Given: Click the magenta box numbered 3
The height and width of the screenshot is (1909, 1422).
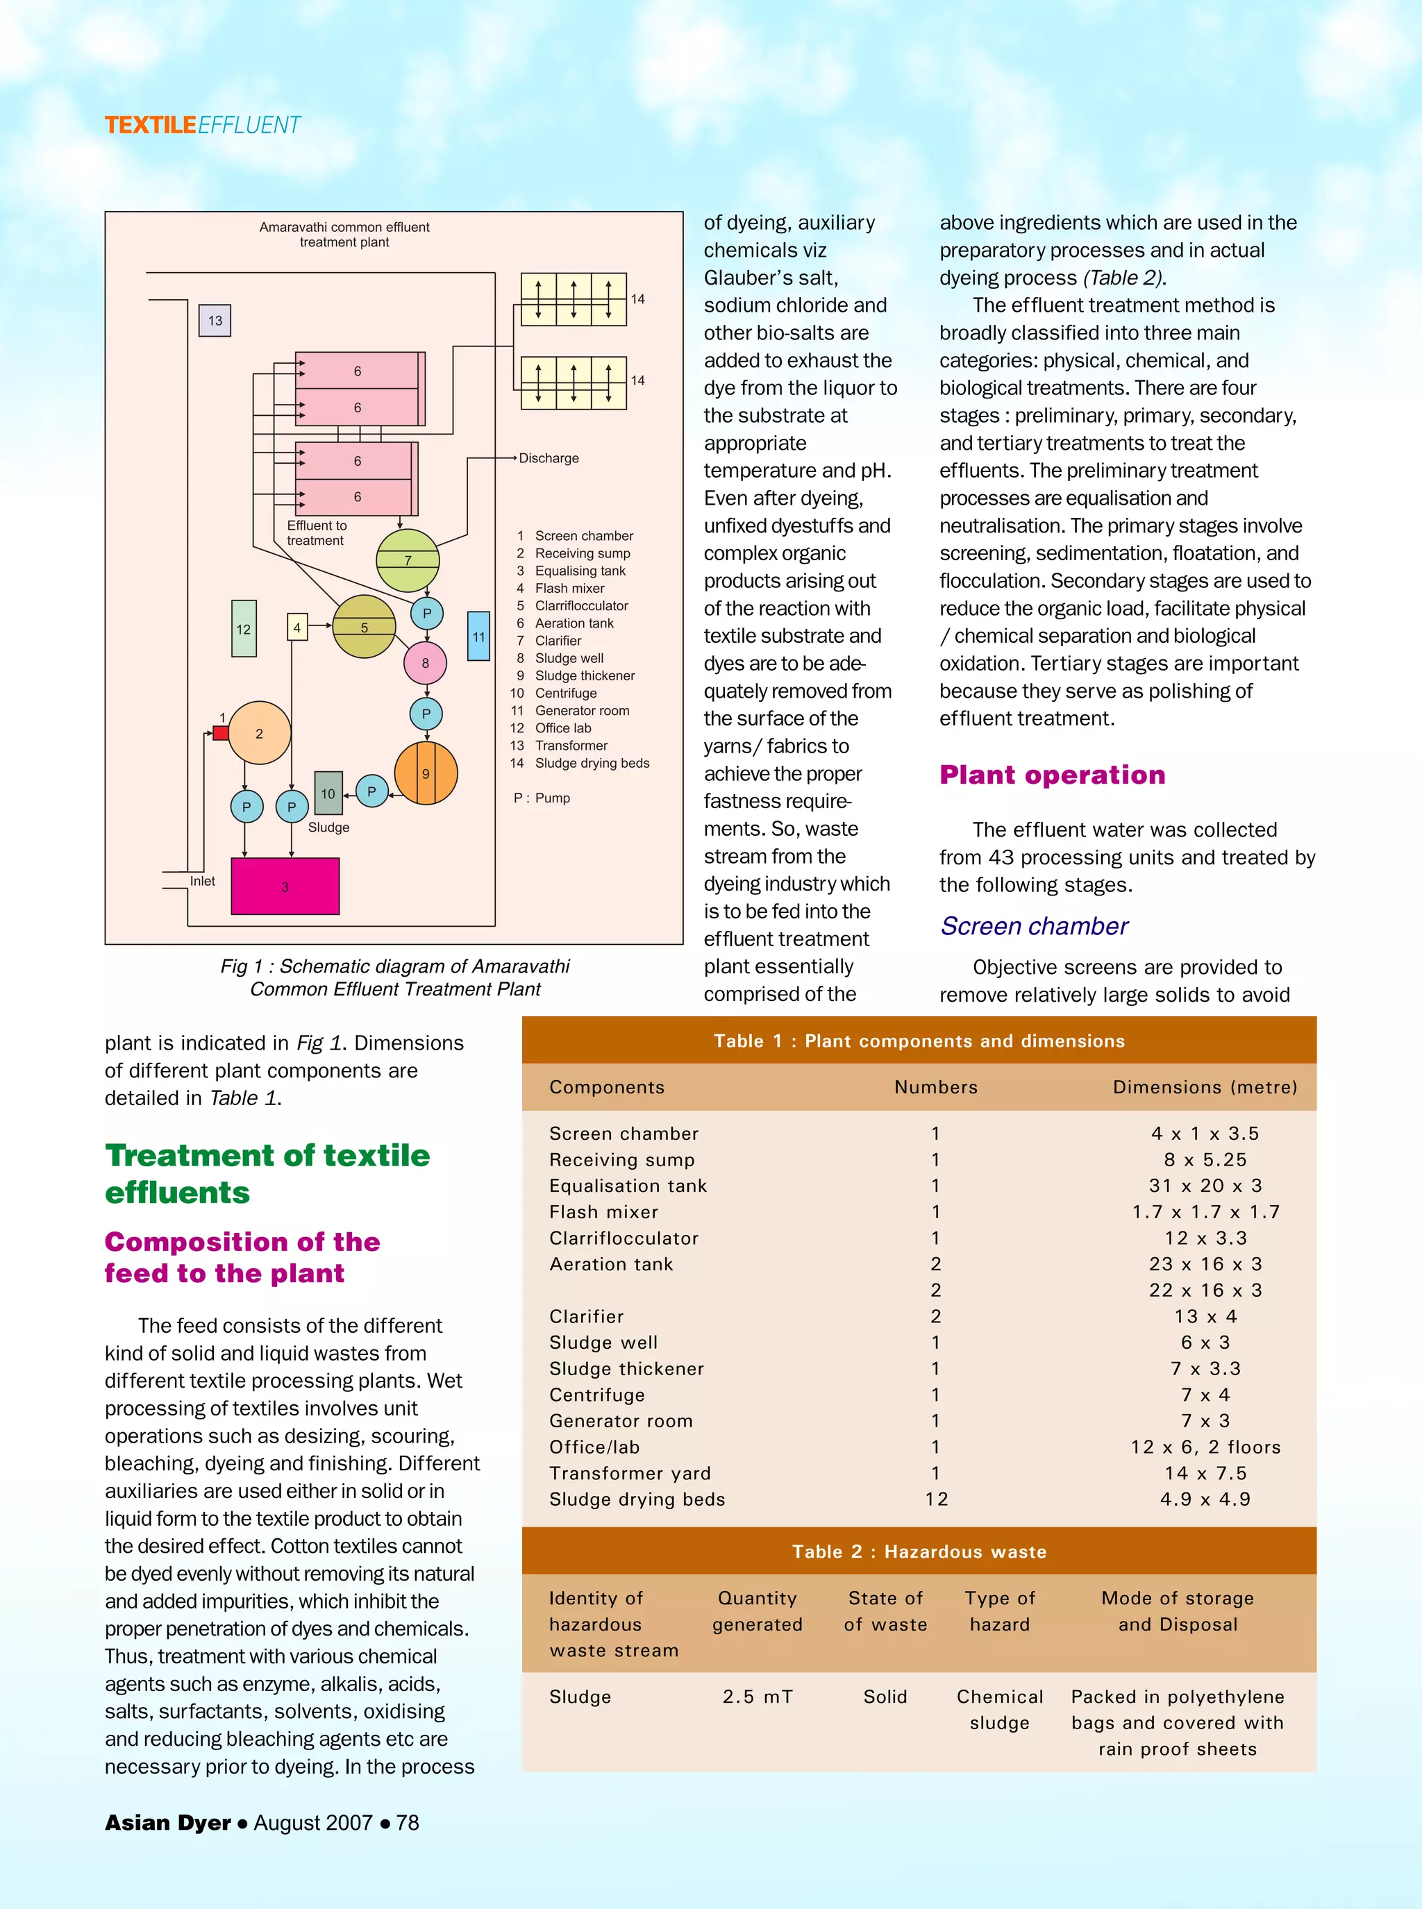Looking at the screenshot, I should pyautogui.click(x=285, y=886).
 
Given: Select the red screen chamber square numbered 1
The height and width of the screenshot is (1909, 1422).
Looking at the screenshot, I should pyautogui.click(x=220, y=733).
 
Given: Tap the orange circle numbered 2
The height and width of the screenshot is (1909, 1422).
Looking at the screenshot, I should pyautogui.click(x=259, y=733).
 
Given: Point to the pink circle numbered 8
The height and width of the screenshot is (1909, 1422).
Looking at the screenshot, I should pyautogui.click(x=425, y=663).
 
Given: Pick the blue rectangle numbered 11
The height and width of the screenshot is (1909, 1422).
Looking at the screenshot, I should pyautogui.click(x=478, y=636).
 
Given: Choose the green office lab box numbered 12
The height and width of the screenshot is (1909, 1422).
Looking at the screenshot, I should pyautogui.click(x=244, y=629).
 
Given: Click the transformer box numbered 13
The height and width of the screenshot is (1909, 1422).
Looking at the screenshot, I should pyautogui.click(x=215, y=320).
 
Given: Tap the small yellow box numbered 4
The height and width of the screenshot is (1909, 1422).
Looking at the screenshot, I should pyautogui.click(x=297, y=627).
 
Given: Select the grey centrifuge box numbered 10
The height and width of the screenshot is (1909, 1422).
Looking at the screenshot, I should pyautogui.click(x=328, y=793).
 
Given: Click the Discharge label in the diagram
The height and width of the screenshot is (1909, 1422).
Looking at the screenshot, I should pyautogui.click(x=549, y=458).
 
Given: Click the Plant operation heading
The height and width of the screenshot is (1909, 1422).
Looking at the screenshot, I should pyautogui.click(x=1052, y=775).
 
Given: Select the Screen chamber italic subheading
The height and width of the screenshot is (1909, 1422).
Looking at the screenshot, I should pyautogui.click(x=1033, y=926).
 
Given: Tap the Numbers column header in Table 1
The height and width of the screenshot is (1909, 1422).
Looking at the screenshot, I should pyautogui.click(x=936, y=1087).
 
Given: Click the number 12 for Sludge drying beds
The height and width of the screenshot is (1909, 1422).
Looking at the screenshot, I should pyautogui.click(x=936, y=1499).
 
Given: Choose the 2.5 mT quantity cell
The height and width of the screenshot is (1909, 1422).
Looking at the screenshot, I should pyautogui.click(x=758, y=1697).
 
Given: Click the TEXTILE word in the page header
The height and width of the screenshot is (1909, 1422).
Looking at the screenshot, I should pyautogui.click(x=151, y=126).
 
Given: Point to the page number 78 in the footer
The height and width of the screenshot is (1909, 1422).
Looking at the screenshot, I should pyautogui.click(x=407, y=1822).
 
